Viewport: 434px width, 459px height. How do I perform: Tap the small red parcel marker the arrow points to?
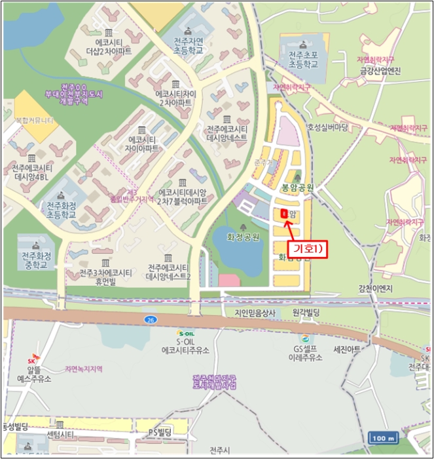click(283, 214)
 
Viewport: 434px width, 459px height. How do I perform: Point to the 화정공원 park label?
click(243, 237)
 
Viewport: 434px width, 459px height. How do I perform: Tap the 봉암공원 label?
click(298, 187)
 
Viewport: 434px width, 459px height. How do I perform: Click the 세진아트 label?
click(348, 349)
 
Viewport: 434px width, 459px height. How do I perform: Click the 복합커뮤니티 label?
click(34, 122)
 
